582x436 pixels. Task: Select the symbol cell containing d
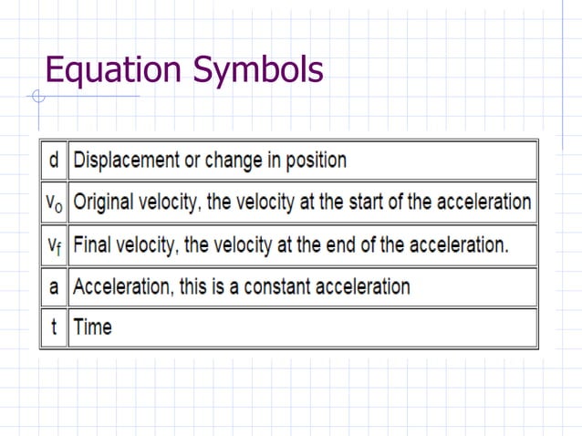click(x=54, y=161)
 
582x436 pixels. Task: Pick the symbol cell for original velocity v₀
click(x=54, y=202)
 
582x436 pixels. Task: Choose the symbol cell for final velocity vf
click(x=54, y=244)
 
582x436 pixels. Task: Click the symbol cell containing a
click(x=54, y=286)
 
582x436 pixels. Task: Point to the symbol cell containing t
click(x=54, y=327)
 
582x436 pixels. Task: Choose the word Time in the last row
click(x=92, y=327)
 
